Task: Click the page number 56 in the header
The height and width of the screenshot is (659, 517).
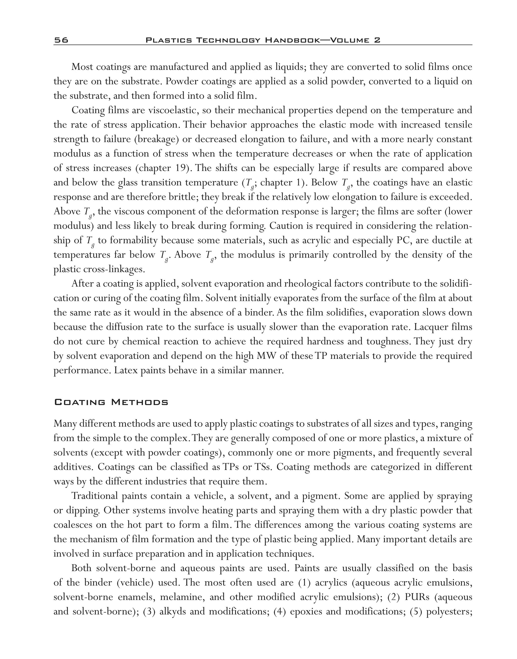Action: point(61,40)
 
